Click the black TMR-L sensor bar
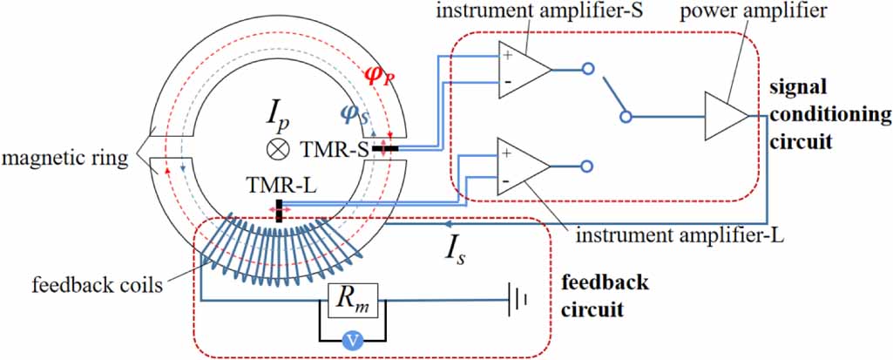(279, 211)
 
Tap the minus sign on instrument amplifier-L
(507, 181)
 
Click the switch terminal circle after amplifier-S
(588, 69)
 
